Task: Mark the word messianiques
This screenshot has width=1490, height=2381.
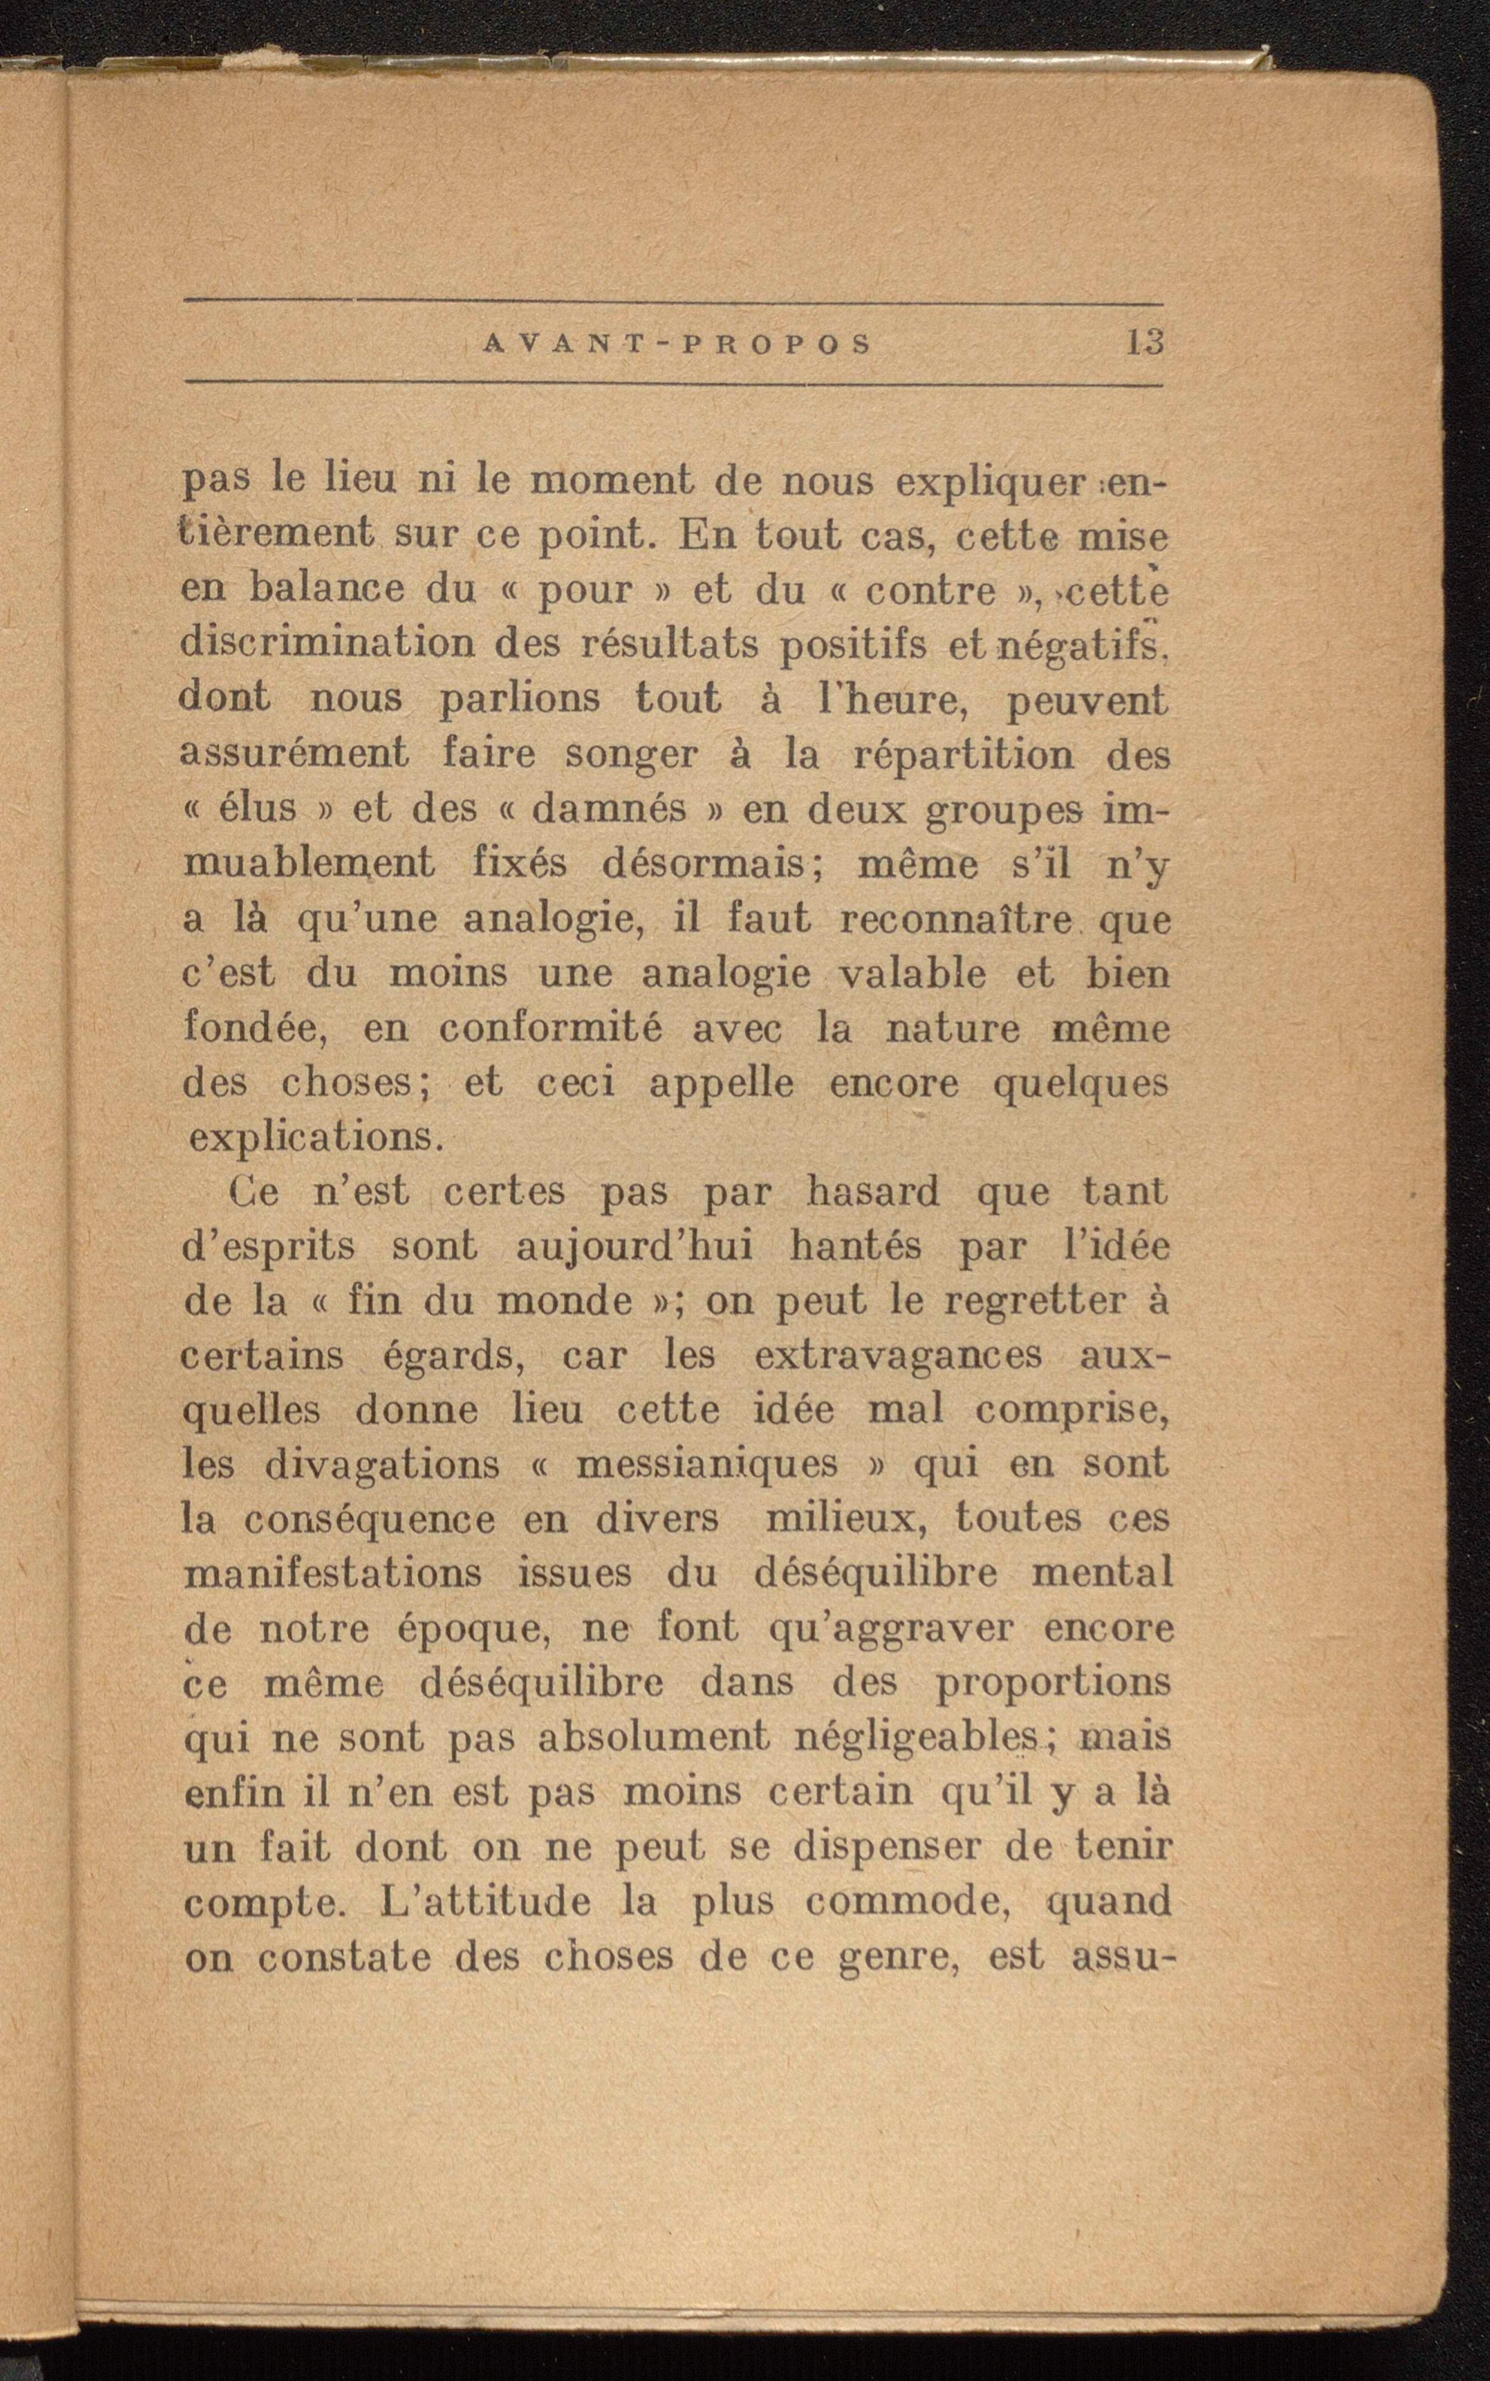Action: click(x=707, y=1464)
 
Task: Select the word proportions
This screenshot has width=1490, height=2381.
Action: click(x=1053, y=1682)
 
